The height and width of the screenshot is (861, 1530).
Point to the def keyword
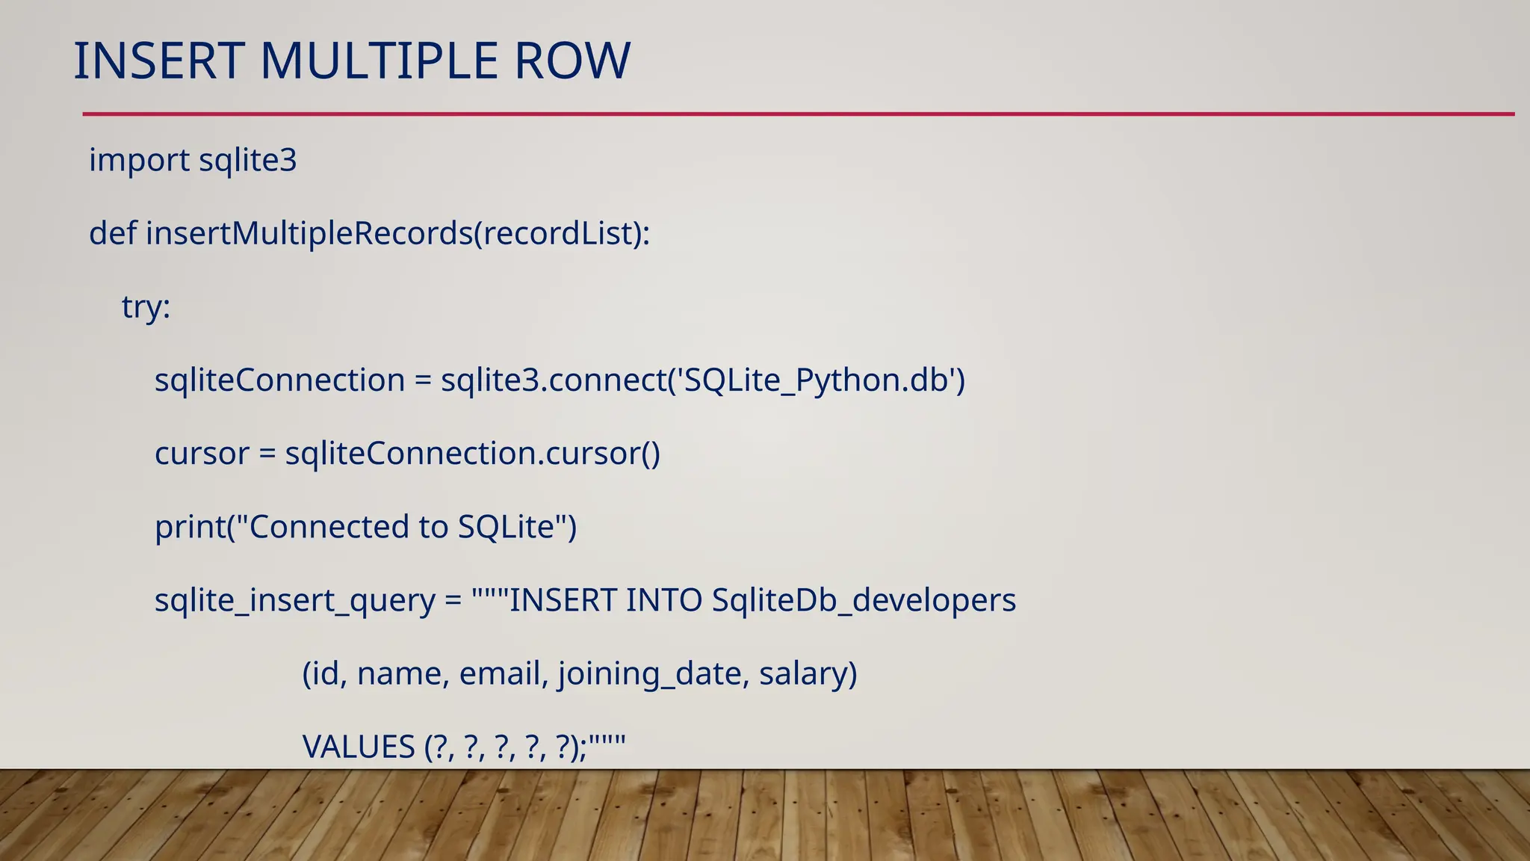coord(113,233)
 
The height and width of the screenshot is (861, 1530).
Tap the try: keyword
coord(146,307)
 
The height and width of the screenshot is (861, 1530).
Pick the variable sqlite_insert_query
coord(294,601)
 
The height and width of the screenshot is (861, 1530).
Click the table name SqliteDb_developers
coord(864,600)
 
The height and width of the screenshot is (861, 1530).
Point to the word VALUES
coord(359,747)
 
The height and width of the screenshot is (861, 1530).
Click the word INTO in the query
coord(663,600)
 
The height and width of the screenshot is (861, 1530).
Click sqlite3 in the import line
coord(248,161)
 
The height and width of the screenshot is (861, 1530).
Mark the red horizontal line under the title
coord(798,114)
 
